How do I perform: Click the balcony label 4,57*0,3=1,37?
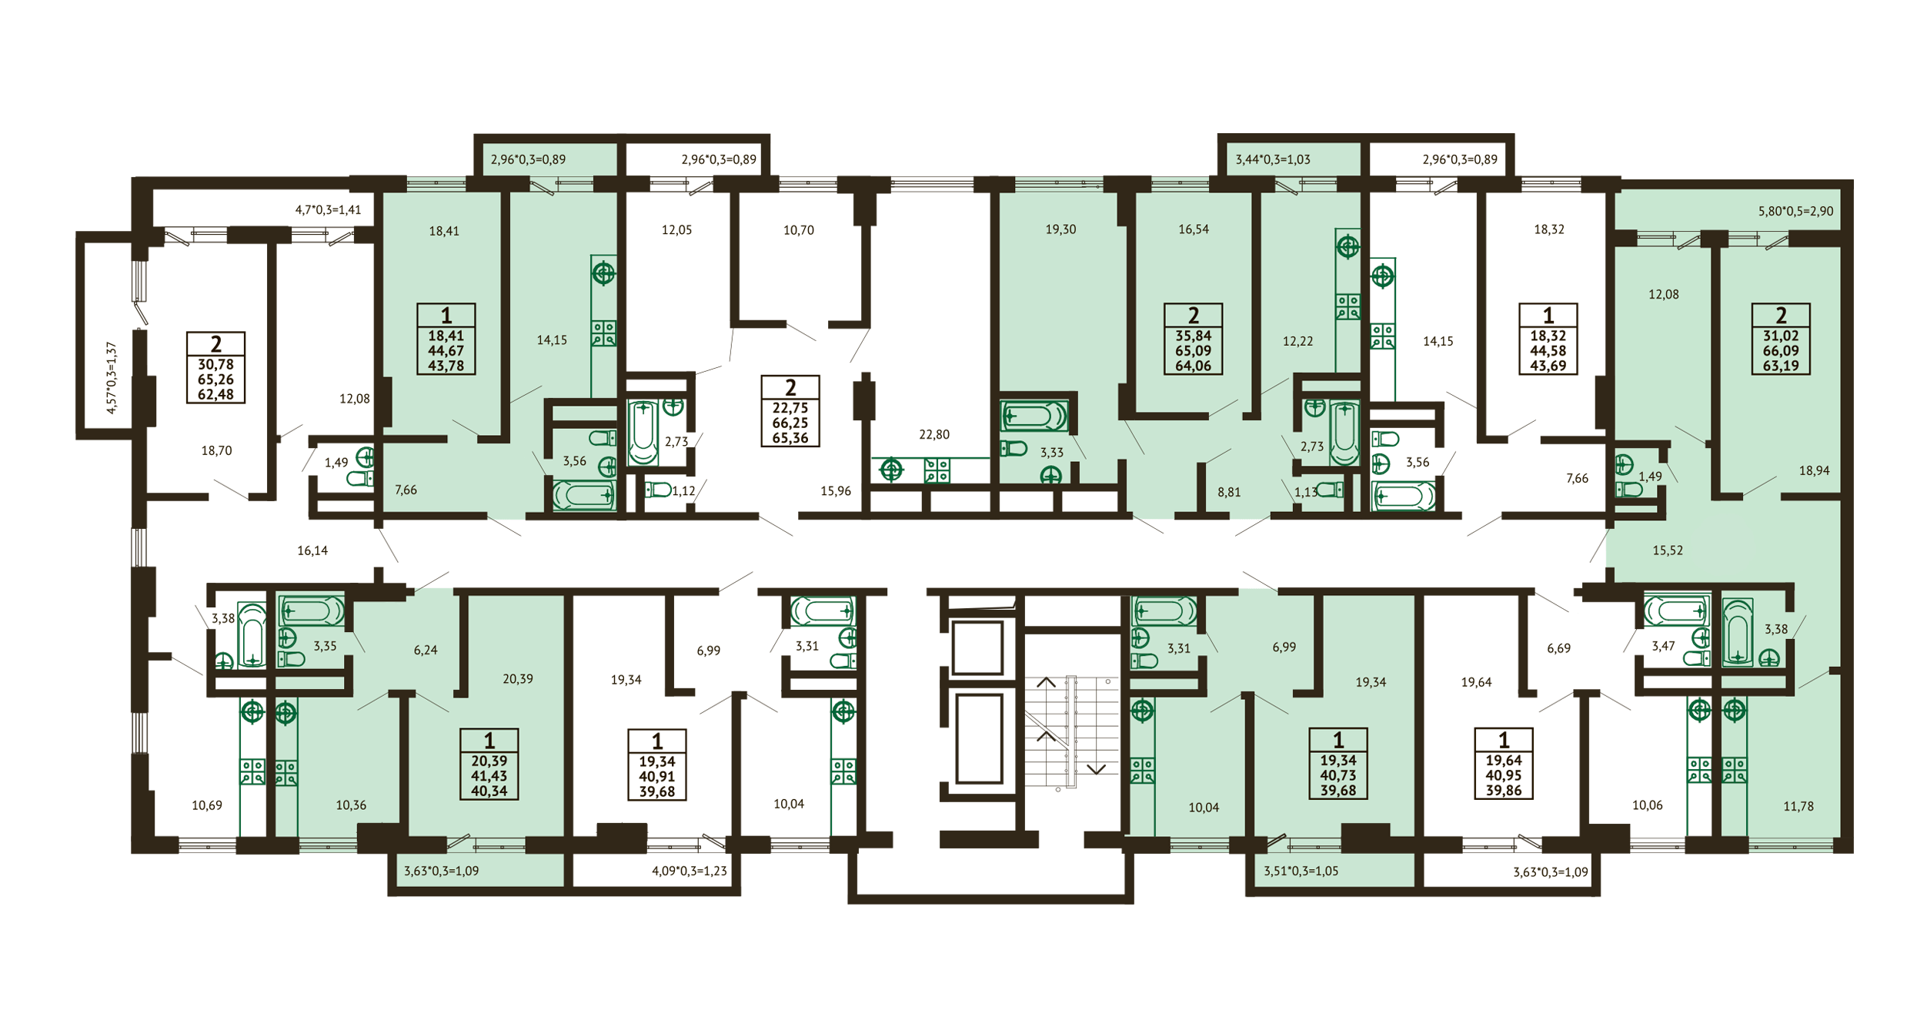click(112, 378)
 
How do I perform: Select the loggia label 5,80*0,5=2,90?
click(1795, 211)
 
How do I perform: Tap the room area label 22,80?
click(934, 435)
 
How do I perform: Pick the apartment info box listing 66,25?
click(790, 411)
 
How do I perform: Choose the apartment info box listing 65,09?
click(1194, 340)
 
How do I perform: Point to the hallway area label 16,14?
click(312, 550)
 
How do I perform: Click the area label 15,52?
click(1668, 550)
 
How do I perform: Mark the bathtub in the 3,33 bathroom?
click(1034, 416)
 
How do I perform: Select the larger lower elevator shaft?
click(979, 739)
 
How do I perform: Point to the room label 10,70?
click(799, 230)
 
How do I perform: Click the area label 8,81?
click(1229, 492)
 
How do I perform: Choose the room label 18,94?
click(1814, 470)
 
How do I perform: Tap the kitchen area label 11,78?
click(1798, 806)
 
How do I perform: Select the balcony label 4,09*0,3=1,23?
click(690, 871)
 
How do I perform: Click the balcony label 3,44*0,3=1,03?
click(1273, 159)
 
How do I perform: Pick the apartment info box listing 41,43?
click(489, 764)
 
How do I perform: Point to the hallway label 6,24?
click(426, 650)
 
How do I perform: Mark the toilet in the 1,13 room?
click(1330, 490)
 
